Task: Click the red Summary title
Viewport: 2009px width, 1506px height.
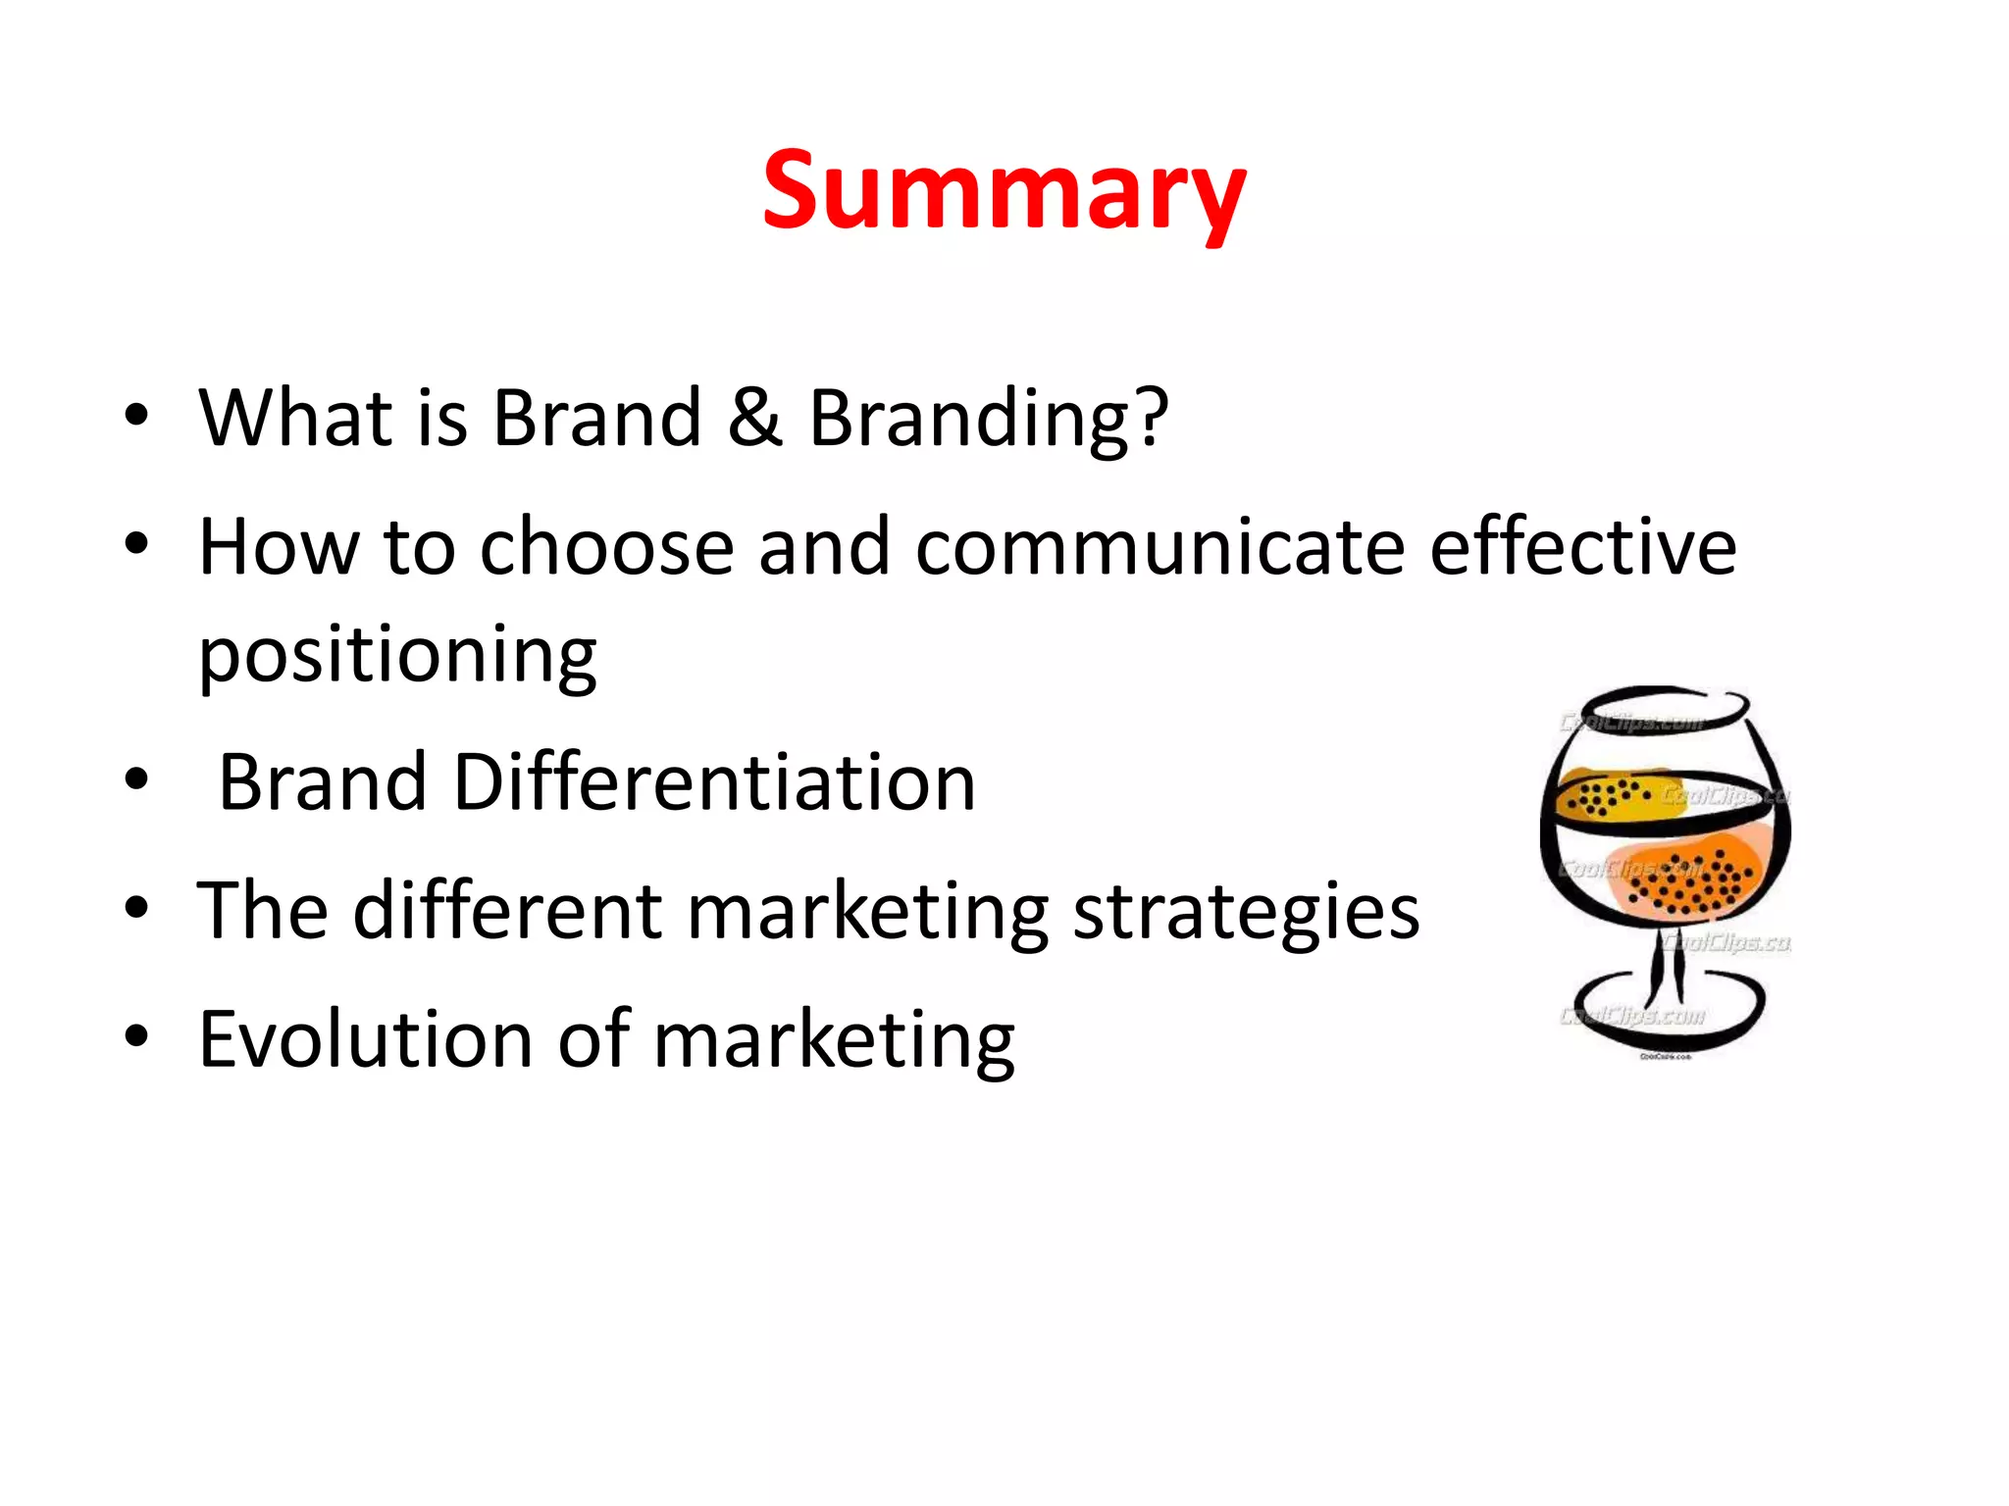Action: point(1004,191)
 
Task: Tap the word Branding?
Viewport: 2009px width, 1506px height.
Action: point(988,420)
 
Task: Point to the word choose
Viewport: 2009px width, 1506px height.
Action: point(606,547)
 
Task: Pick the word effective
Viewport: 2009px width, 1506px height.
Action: point(1582,547)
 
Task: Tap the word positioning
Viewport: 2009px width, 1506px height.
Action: point(397,655)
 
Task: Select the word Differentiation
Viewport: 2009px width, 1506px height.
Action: point(714,782)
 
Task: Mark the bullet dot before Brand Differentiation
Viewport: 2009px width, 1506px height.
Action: point(136,780)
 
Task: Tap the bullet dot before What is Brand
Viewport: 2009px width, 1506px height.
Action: point(136,415)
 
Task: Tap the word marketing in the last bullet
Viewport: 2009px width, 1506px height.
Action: point(834,1041)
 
